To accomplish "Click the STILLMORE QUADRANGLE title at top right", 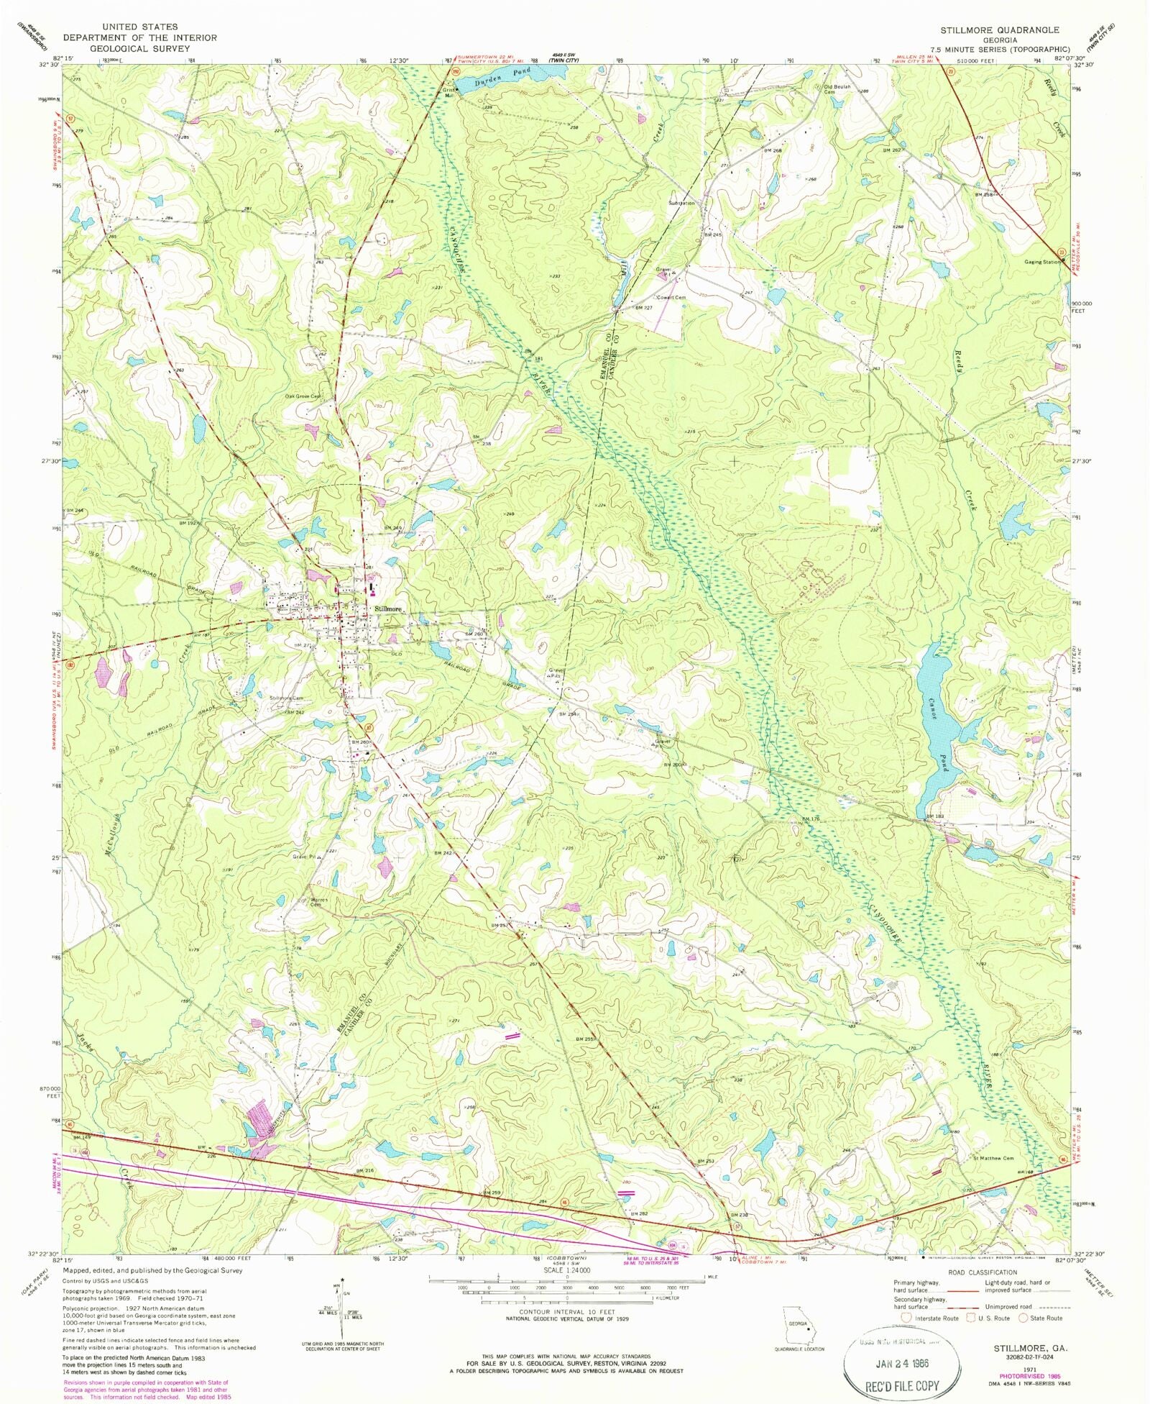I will tap(1000, 30).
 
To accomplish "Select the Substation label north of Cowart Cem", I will tap(681, 203).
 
